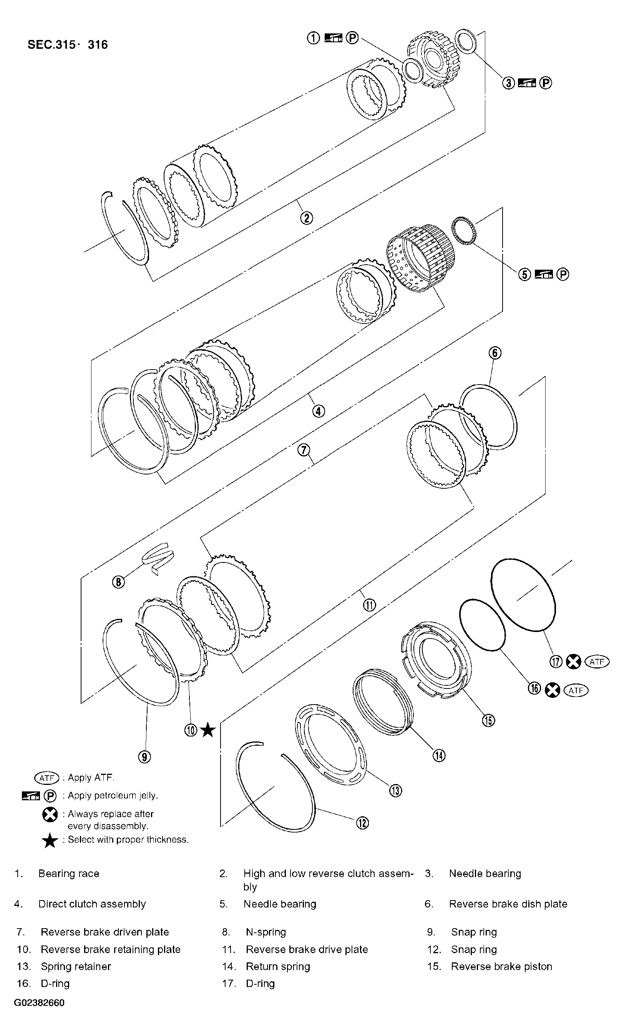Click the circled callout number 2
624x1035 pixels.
[x=306, y=217]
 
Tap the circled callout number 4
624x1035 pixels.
[x=318, y=411]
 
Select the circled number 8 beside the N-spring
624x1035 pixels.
[x=118, y=582]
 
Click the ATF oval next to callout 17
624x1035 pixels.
[x=597, y=662]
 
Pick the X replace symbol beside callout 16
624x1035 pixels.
[x=553, y=690]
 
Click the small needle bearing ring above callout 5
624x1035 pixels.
[x=464, y=230]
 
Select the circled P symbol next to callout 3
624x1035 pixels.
[x=545, y=83]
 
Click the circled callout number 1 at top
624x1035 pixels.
[x=313, y=38]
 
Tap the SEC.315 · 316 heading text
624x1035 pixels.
[x=68, y=45]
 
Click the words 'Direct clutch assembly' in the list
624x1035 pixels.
[x=92, y=904]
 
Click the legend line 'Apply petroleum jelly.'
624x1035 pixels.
[x=113, y=795]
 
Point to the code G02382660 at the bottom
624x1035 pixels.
[x=40, y=1003]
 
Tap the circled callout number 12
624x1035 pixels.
[x=363, y=823]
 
